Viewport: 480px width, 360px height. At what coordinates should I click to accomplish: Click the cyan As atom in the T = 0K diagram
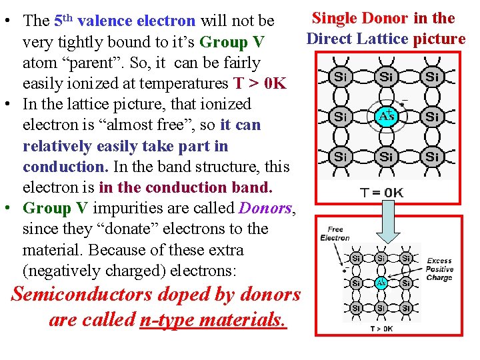point(386,116)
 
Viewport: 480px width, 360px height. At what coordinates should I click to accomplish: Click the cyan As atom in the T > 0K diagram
point(381,282)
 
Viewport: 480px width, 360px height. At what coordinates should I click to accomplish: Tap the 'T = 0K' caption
point(382,193)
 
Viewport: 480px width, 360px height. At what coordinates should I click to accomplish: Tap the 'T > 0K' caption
point(381,328)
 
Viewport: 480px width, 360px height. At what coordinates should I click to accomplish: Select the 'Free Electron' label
point(335,233)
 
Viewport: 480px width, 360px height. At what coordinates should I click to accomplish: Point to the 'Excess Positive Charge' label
point(439,269)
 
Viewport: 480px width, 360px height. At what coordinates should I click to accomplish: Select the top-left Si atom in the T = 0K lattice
point(340,77)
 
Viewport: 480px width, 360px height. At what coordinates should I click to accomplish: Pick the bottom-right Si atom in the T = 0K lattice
point(432,157)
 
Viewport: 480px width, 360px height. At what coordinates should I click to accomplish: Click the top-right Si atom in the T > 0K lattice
point(405,258)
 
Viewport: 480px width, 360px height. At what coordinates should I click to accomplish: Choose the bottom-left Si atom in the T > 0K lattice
point(357,308)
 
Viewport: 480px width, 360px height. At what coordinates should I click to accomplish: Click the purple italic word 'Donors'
point(265,208)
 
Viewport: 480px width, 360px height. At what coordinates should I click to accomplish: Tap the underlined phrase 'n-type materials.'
point(213,321)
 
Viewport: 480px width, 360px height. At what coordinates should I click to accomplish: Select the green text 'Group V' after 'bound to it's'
point(232,42)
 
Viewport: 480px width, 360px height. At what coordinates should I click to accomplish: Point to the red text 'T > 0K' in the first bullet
point(259,83)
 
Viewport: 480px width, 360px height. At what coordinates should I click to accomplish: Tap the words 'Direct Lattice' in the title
point(357,39)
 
